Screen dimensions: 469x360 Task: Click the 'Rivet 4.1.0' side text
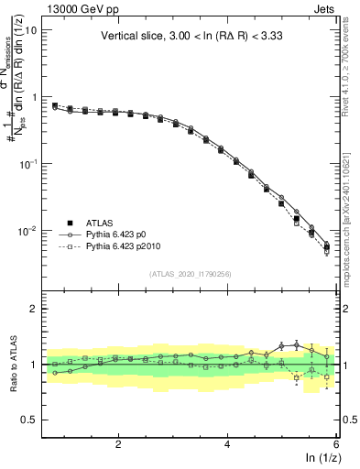(x=351, y=73)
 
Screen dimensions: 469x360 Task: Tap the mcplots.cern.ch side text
(x=351, y=211)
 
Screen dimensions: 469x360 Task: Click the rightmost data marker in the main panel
(x=327, y=245)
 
